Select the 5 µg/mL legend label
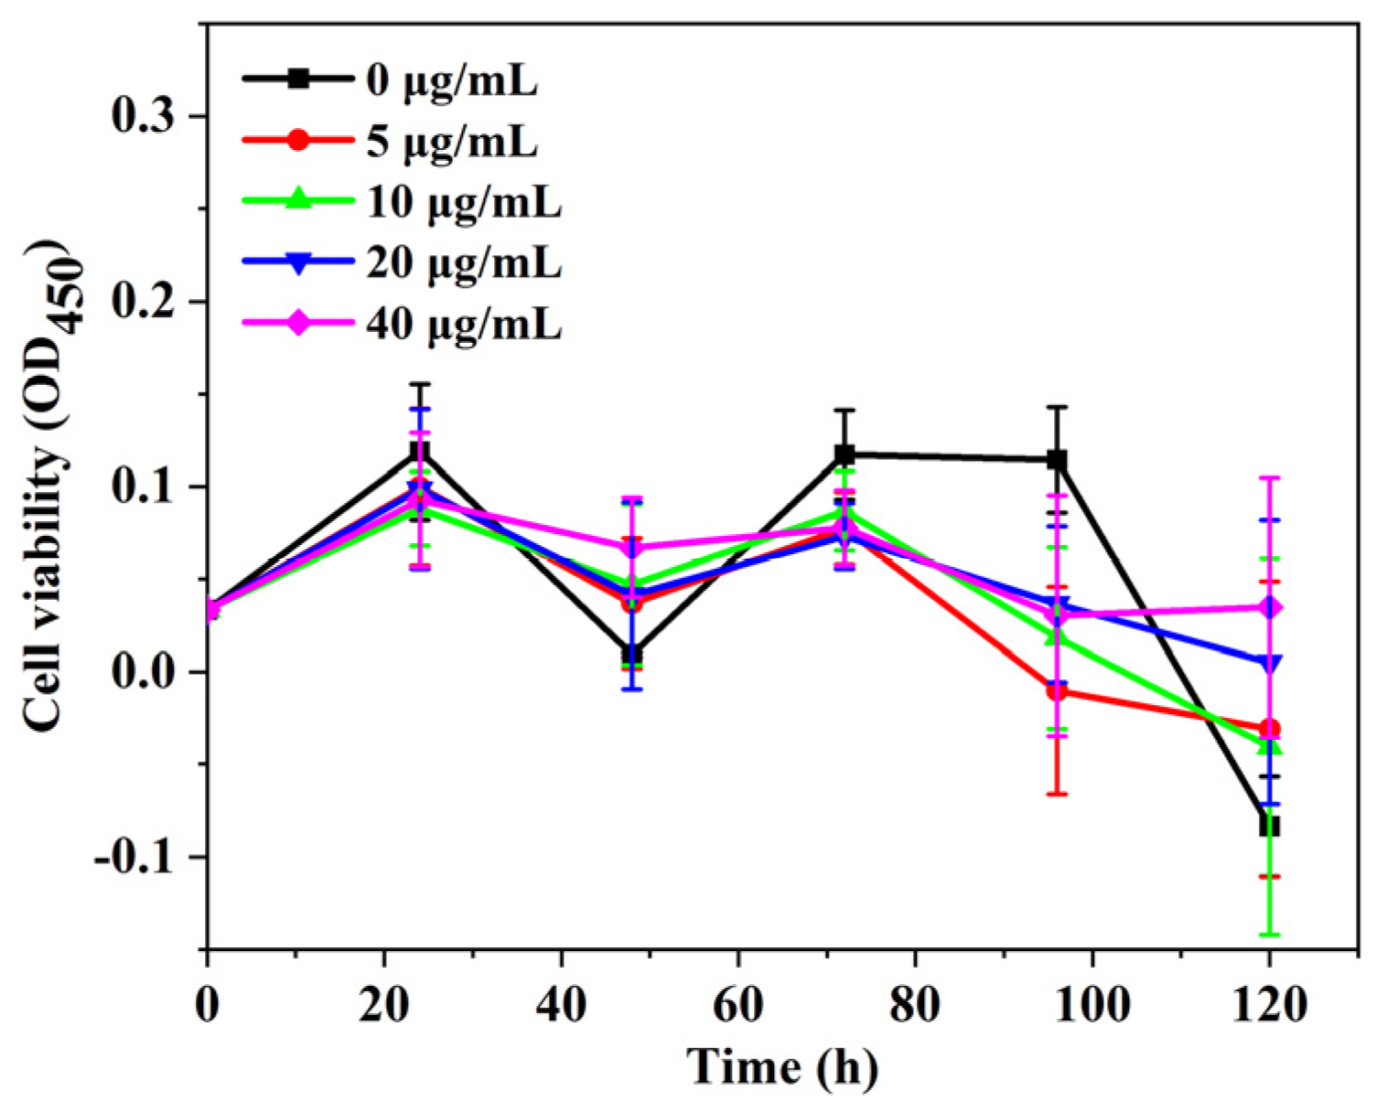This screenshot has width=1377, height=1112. click(x=452, y=142)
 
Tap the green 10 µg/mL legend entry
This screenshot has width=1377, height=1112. click(x=464, y=202)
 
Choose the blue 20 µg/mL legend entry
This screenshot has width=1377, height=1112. click(x=464, y=263)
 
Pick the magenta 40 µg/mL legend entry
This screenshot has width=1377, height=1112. click(x=464, y=324)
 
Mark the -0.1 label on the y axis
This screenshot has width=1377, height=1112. click(x=134, y=858)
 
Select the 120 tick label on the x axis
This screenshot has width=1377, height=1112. click(x=1268, y=1006)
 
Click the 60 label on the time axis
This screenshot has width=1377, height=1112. click(x=737, y=1006)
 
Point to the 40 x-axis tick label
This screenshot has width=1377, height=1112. click(x=561, y=1006)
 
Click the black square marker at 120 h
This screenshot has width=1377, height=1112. click(x=1269, y=826)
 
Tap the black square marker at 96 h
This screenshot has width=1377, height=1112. click(x=1057, y=460)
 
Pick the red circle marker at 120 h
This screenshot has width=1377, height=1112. click(x=1269, y=729)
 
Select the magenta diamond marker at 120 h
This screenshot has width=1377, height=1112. click(x=1269, y=607)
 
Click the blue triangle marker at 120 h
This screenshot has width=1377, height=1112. click(x=1269, y=663)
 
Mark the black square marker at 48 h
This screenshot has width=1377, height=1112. click(x=631, y=654)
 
